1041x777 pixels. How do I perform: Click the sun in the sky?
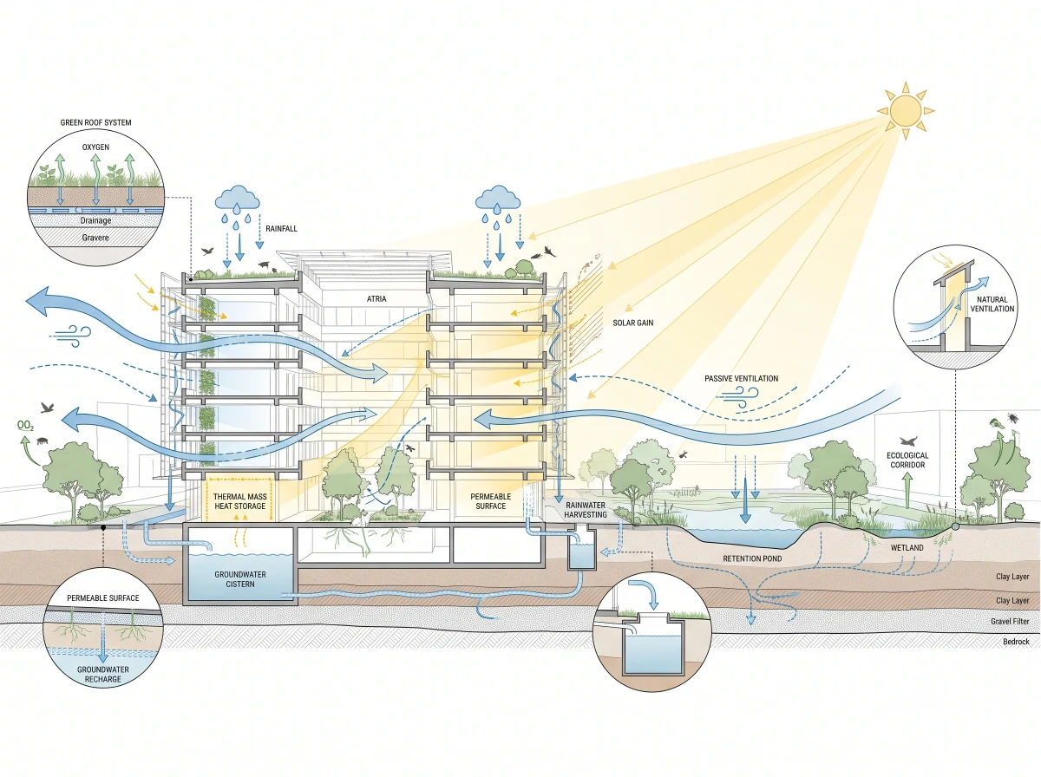point(905,110)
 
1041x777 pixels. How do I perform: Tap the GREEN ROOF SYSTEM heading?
point(95,122)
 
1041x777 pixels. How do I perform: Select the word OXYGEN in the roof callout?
point(95,147)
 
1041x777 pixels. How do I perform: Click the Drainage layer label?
point(95,220)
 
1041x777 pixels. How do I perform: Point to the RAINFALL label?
point(281,228)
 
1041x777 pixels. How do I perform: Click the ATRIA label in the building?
point(376,298)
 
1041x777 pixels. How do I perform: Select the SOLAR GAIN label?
point(632,323)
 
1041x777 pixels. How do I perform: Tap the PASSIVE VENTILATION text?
point(741,378)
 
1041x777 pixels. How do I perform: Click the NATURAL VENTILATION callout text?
point(992,304)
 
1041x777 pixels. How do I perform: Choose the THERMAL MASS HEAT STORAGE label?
point(239,501)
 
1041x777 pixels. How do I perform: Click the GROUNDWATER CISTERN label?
point(240,578)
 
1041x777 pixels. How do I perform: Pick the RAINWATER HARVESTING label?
point(586,510)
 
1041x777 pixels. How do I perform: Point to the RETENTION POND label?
point(752,558)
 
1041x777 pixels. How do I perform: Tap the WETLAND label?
point(907,547)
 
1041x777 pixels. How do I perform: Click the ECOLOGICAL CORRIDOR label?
point(907,460)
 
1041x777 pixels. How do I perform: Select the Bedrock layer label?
point(1016,642)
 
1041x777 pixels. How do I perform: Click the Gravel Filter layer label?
point(1010,621)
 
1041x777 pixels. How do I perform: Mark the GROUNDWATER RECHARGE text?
point(103,674)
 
